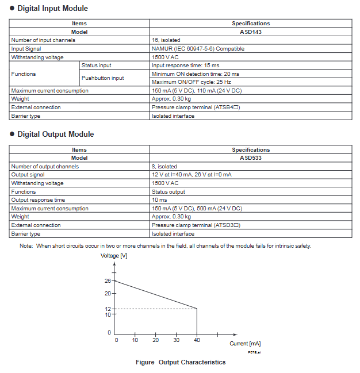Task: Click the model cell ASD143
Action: pyautogui.click(x=251, y=32)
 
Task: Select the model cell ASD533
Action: pyautogui.click(x=251, y=158)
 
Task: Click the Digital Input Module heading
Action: pyautogui.click(x=52, y=9)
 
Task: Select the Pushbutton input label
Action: pyautogui.click(x=102, y=78)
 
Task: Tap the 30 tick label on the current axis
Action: pyautogui.click(x=177, y=340)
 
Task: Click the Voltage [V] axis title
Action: pyautogui.click(x=114, y=256)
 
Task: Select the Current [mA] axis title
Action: pyautogui.click(x=246, y=344)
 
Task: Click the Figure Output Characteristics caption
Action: pyautogui.click(x=181, y=362)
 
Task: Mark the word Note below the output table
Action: pyautogui.click(x=26, y=246)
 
